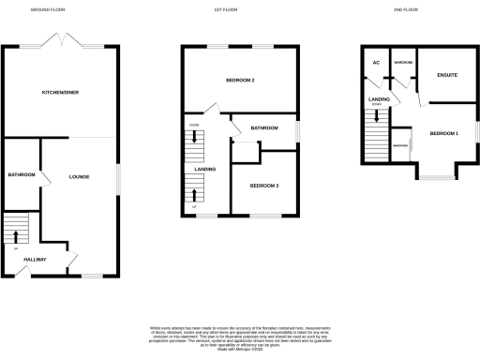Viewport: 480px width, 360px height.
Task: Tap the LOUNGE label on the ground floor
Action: [x=78, y=175]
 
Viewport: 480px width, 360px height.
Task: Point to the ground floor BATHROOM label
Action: [x=22, y=175]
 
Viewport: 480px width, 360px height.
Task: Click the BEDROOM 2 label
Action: [x=240, y=81]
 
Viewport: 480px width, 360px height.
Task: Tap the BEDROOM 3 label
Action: [x=263, y=186]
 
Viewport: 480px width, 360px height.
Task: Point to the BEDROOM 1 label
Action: [x=444, y=134]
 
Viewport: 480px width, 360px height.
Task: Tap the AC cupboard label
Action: [x=376, y=63]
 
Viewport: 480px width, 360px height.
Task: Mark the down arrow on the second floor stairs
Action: [x=377, y=117]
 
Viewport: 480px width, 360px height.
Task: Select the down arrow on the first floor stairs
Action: [x=194, y=138]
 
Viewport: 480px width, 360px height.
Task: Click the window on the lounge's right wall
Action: [x=119, y=176]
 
